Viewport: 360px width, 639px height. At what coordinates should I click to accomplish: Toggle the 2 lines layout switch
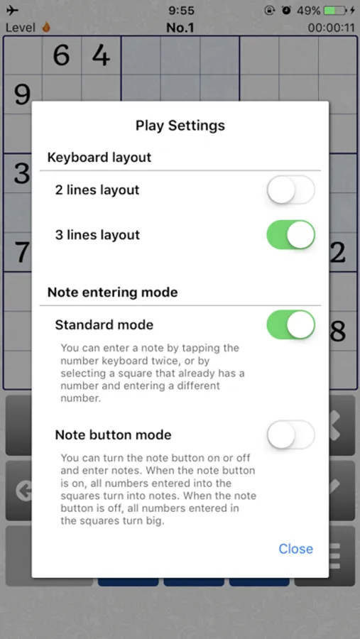[x=290, y=190]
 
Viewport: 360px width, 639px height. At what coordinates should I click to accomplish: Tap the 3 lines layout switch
[x=290, y=235]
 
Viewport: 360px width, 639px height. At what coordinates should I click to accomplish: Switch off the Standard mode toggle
[x=290, y=324]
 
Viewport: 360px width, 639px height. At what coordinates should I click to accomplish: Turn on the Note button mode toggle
[x=290, y=435]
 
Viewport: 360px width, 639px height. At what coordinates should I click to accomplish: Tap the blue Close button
[x=295, y=549]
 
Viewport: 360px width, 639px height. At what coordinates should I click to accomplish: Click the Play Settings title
[x=180, y=125]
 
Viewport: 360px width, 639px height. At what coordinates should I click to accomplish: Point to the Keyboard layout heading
[x=99, y=158]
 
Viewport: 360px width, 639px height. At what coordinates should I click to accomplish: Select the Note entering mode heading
[x=112, y=293]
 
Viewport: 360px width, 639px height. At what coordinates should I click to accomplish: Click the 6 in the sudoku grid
[x=61, y=55]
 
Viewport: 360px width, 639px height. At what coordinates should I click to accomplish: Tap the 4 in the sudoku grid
[x=101, y=55]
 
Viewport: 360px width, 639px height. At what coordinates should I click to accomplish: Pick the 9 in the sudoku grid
[x=23, y=94]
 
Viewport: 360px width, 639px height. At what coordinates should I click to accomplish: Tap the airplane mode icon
[x=13, y=11]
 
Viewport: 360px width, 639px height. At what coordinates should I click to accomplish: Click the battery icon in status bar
[x=335, y=11]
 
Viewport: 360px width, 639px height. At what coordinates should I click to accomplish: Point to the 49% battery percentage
[x=308, y=11]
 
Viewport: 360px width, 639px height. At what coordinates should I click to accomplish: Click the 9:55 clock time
[x=182, y=11]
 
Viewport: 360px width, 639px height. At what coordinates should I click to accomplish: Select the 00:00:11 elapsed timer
[x=331, y=28]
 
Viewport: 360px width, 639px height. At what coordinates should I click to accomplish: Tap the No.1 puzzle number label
[x=180, y=28]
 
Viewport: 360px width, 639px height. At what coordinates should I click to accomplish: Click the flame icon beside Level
[x=46, y=27]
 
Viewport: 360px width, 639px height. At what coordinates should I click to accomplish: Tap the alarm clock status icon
[x=287, y=11]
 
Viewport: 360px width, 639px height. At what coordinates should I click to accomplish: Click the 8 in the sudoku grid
[x=337, y=331]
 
